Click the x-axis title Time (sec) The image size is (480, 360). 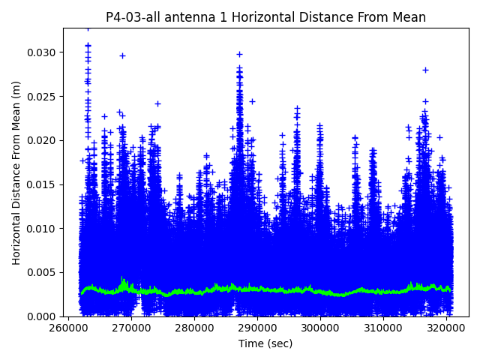pos(265,343)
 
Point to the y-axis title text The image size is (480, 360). pos(16,172)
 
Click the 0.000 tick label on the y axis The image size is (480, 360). pos(43,316)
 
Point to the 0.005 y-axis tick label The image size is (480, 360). pos(43,272)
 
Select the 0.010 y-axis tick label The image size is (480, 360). pos(43,229)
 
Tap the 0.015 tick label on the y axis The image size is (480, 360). pos(43,184)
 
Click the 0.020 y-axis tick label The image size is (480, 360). pos(43,140)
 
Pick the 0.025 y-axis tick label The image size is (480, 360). pos(43,97)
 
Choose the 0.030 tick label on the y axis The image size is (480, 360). pos(43,52)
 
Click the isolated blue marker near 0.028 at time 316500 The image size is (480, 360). pos(425,70)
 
